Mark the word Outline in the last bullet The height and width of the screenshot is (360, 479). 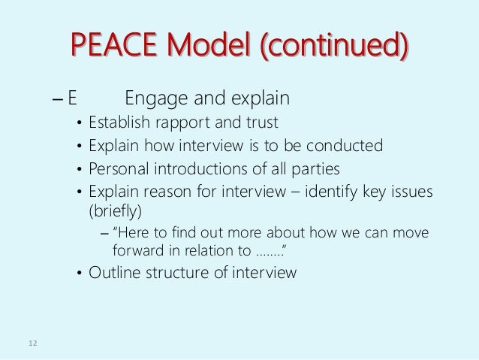click(x=113, y=274)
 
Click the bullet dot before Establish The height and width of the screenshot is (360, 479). click(x=80, y=123)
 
